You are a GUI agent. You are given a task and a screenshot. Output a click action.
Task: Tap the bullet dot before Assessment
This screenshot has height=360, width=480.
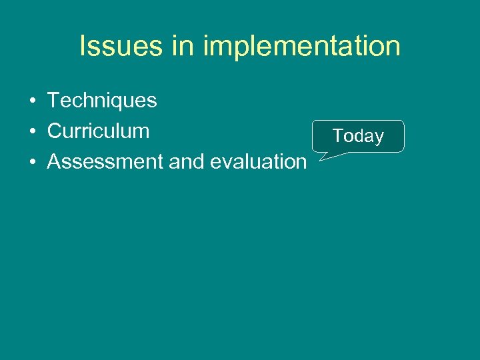(x=32, y=162)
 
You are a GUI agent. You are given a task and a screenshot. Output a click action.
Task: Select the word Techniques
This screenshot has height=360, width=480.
(x=102, y=101)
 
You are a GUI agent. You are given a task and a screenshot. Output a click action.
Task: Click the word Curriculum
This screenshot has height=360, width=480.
(x=98, y=131)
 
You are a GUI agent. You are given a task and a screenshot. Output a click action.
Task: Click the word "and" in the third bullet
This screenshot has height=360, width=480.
(x=189, y=161)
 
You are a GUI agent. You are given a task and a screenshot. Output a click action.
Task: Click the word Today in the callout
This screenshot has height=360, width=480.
(x=358, y=137)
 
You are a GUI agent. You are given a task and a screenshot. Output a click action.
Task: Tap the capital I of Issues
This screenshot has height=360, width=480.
(x=83, y=47)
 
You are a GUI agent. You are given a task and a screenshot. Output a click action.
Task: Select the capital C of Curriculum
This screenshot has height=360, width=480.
(x=55, y=131)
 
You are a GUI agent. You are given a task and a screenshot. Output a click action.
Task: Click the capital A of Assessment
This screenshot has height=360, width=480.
(x=55, y=161)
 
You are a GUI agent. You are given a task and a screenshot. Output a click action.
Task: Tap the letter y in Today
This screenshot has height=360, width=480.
(x=379, y=139)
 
